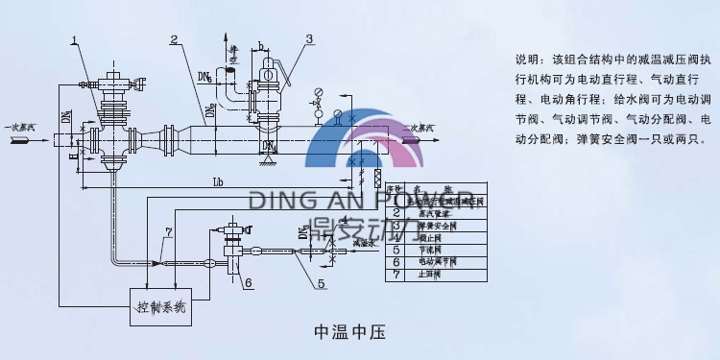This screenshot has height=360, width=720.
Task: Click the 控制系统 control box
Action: pyautogui.click(x=160, y=306)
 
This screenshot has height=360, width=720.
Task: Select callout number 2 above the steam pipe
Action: pyautogui.click(x=174, y=39)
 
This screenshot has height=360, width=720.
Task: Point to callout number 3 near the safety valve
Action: pyautogui.click(x=309, y=39)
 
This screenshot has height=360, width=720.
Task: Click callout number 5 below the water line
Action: pyautogui.click(x=322, y=283)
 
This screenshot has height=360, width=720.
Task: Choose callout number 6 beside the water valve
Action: pyautogui.click(x=247, y=282)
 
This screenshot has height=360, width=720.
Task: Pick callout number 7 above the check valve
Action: pyautogui.click(x=169, y=231)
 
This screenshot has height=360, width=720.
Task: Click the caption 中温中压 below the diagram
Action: pyautogui.click(x=349, y=333)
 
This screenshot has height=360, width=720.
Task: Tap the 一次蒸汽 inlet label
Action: pyautogui.click(x=20, y=127)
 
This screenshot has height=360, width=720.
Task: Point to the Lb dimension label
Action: pyautogui.click(x=218, y=181)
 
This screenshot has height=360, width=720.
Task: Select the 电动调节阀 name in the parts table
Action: pyautogui.click(x=437, y=261)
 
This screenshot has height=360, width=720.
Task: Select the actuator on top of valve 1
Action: pyautogui.click(x=109, y=73)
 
